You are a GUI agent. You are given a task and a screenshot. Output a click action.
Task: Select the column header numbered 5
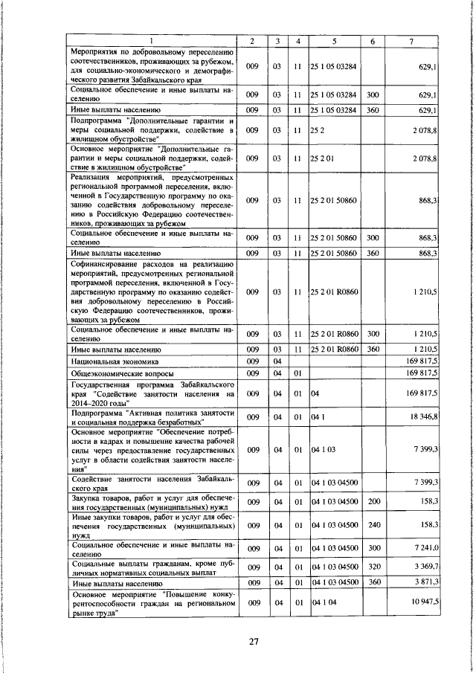[335, 40]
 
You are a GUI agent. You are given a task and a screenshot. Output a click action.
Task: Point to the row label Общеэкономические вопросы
[123, 373]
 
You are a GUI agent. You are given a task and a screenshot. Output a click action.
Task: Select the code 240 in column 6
[373, 524]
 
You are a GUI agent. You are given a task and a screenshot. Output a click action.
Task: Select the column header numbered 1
[152, 40]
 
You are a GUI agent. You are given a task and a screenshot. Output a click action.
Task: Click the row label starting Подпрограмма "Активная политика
[153, 416]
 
